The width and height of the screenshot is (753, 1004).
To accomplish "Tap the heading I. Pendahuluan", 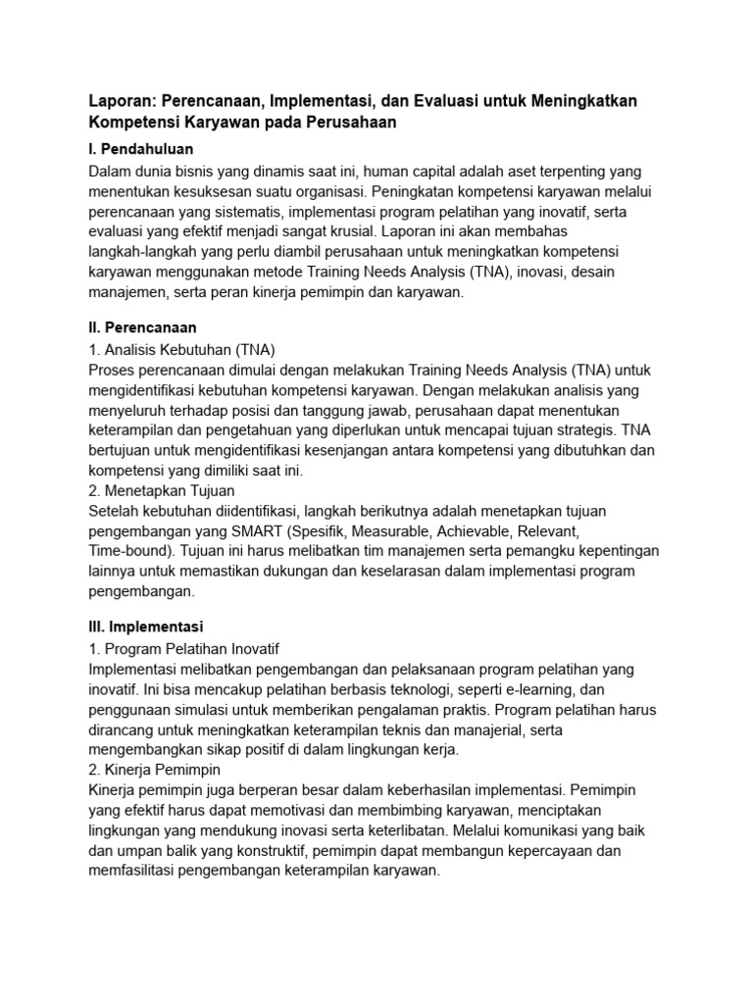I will click(x=141, y=149).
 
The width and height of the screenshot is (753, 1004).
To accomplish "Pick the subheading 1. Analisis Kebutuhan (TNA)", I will click(x=181, y=349).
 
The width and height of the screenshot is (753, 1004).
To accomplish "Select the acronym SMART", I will click(x=259, y=530).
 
